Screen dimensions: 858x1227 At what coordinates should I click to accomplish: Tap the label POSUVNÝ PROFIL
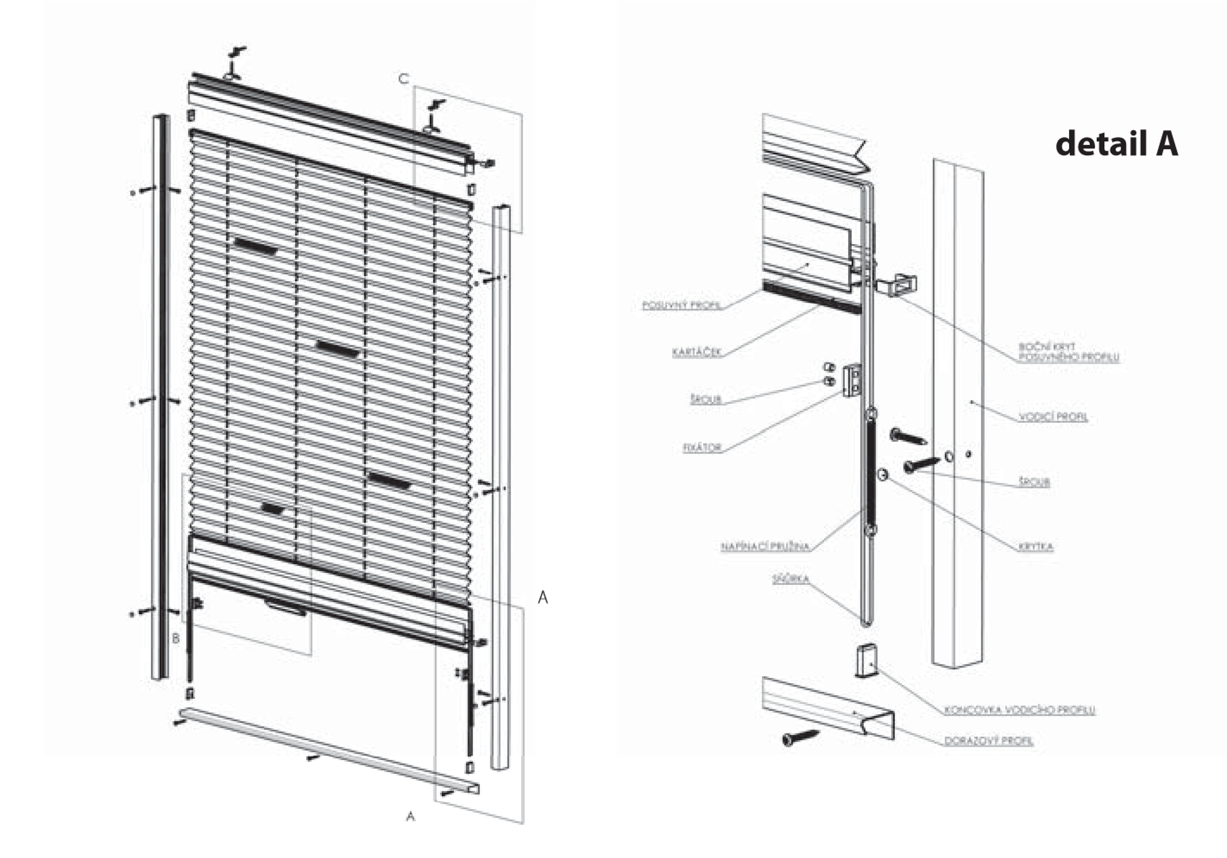(682, 306)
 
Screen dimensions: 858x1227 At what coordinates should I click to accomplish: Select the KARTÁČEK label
(697, 353)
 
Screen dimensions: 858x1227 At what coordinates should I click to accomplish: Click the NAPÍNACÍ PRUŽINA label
(764, 547)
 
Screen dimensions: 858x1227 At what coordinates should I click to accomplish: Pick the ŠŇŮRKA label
(790, 579)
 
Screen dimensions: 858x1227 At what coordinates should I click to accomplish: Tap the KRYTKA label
(1036, 547)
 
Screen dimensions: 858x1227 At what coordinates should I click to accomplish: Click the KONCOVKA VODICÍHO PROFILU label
(1020, 710)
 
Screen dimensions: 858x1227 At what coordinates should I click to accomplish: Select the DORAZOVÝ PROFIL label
(989, 741)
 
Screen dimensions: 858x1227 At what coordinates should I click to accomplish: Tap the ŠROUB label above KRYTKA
(1034, 483)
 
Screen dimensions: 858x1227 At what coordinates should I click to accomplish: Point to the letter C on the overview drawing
(403, 79)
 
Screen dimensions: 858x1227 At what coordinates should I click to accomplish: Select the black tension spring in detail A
(870, 470)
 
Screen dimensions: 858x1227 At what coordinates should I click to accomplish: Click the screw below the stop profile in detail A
(800, 737)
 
